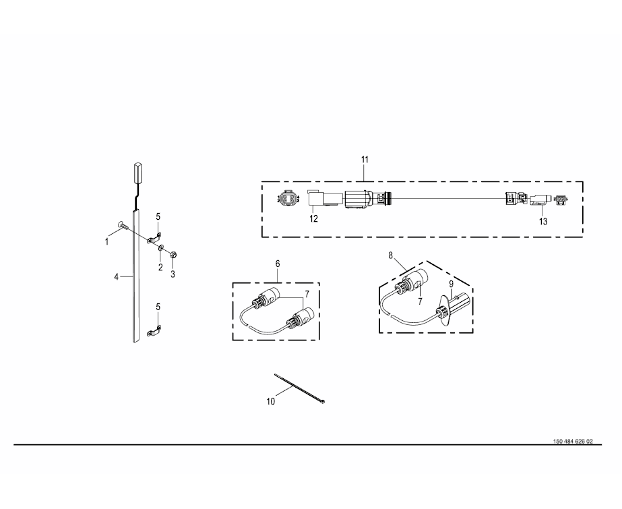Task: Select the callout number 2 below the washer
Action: pyautogui.click(x=160, y=268)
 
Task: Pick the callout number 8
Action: pyautogui.click(x=390, y=256)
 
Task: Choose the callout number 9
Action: pyautogui.click(x=451, y=284)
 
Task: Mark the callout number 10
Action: pyautogui.click(x=272, y=402)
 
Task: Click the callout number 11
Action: pyautogui.click(x=365, y=160)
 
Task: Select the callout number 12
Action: pyautogui.click(x=314, y=218)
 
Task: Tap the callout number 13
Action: pyautogui.click(x=543, y=220)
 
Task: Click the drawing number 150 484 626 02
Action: pyautogui.click(x=573, y=442)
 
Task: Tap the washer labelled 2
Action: pyautogui.click(x=162, y=249)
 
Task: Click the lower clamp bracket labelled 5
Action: pyautogui.click(x=156, y=331)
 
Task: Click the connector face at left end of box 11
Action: pyautogui.click(x=285, y=200)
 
